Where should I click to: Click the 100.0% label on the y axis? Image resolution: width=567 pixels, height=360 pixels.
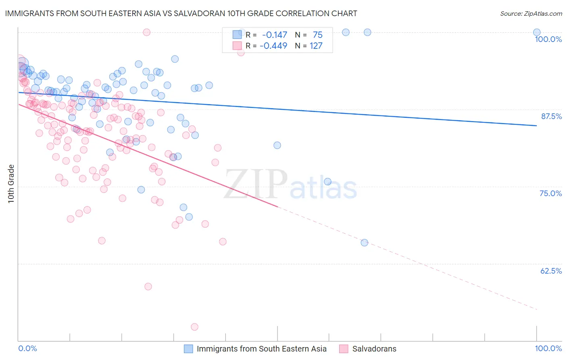[x=548, y=39]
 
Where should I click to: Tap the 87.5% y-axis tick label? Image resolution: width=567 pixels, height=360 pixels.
[x=551, y=116]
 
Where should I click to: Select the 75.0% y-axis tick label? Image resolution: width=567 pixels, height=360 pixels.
[x=550, y=193]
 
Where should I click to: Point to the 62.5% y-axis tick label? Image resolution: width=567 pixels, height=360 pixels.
[x=551, y=271]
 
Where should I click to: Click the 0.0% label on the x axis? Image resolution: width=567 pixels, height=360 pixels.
[x=28, y=348]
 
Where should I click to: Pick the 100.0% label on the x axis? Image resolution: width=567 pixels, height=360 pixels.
[x=548, y=348]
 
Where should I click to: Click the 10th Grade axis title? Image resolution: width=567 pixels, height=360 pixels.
[x=11, y=184]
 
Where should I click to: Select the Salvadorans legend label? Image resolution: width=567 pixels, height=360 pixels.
[x=374, y=349]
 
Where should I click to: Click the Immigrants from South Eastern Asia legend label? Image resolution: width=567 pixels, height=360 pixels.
[x=261, y=349]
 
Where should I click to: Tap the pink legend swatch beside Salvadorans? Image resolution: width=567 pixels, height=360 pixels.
[x=344, y=349]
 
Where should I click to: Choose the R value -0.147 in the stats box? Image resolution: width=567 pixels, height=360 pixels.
[x=274, y=35]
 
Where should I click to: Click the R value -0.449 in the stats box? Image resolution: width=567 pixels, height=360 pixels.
[x=273, y=46]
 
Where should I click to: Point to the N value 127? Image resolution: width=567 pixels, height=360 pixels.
[x=316, y=46]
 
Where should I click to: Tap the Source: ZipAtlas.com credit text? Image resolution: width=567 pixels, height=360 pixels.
[x=531, y=13]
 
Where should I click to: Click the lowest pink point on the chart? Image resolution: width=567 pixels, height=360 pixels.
[x=194, y=327]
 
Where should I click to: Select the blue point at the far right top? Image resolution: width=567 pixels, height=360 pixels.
[x=537, y=32]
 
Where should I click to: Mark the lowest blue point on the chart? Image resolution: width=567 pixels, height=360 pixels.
[x=364, y=243]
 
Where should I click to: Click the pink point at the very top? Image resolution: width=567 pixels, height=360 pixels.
[x=147, y=32]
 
